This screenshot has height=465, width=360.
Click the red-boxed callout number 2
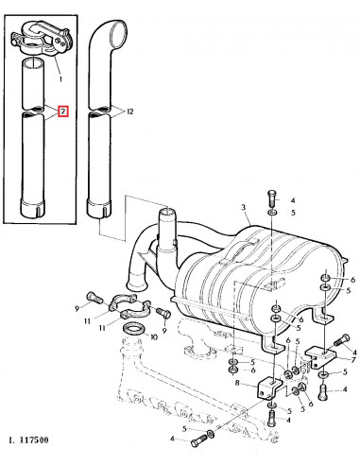(x=62, y=112)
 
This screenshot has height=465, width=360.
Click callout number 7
(x=352, y=360)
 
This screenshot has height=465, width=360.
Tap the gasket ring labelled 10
(x=135, y=328)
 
